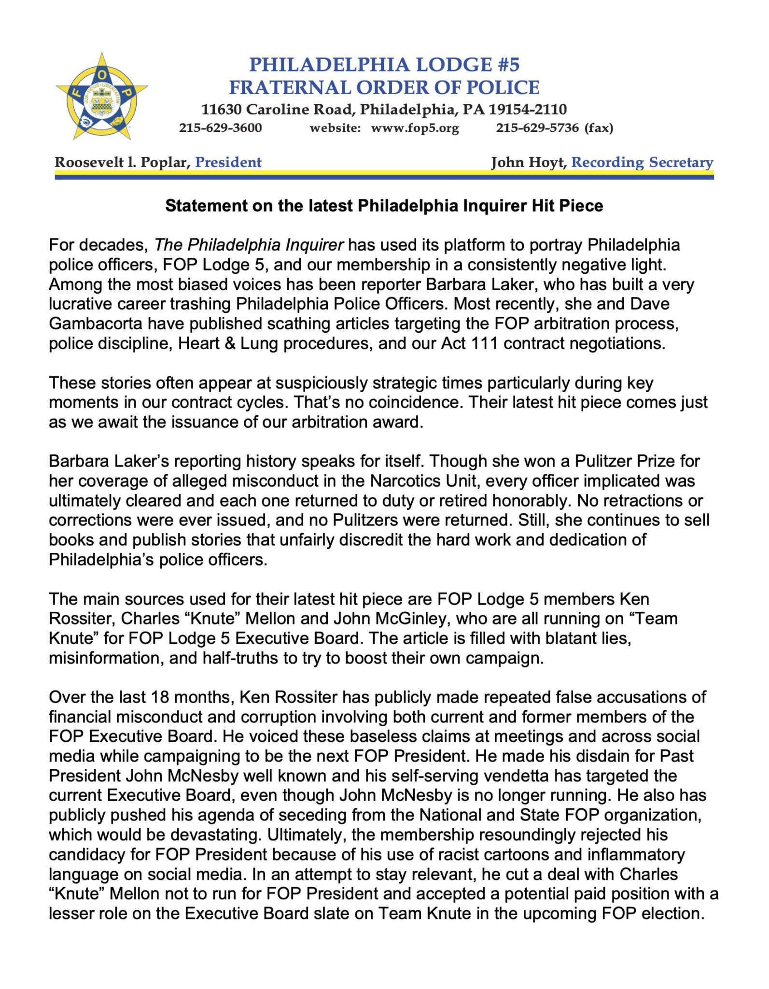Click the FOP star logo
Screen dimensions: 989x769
[101, 96]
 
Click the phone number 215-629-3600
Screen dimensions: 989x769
[220, 128]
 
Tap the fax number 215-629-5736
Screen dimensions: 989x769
[537, 128]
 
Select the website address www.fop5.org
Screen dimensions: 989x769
[415, 128]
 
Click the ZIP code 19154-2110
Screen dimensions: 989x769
[528, 110]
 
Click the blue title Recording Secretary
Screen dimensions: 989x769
[642, 162]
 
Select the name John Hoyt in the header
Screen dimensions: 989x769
[528, 162]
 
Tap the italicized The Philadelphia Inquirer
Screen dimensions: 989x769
[249, 245]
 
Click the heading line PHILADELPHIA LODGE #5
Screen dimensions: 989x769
[384, 65]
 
